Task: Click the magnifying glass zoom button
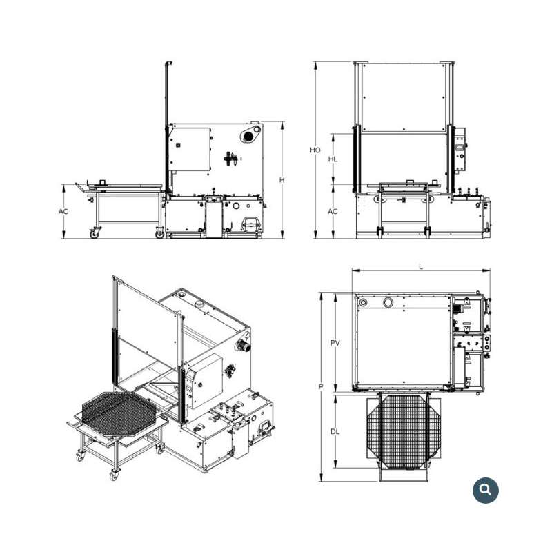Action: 486,490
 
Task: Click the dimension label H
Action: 282,180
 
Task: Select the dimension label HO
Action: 315,150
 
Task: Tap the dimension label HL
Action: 333,159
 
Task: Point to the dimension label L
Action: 421,266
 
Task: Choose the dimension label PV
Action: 335,342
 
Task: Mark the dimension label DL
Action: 335,432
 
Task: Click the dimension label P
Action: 321,387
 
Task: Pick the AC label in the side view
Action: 63,212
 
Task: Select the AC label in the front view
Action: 333,212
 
